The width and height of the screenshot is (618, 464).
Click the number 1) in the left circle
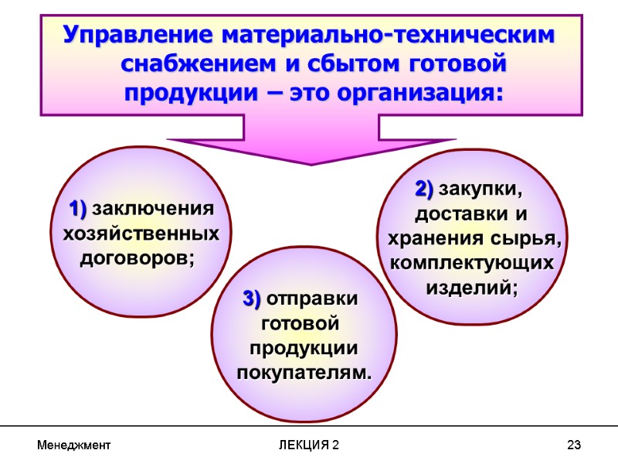(77, 209)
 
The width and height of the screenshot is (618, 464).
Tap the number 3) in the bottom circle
(252, 299)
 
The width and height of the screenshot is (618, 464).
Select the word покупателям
(304, 373)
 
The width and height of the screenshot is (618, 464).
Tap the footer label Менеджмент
(73, 445)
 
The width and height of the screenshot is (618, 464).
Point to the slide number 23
(573, 445)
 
